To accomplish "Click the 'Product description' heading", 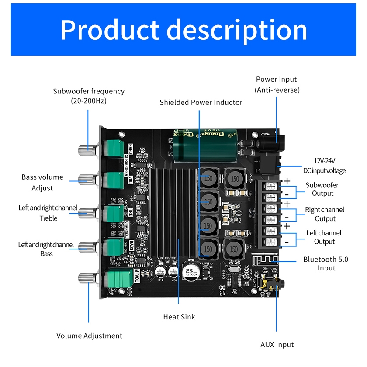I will pos(183,30).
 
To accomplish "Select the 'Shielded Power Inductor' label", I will pos(201,102).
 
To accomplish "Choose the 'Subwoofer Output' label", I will pos(322,189).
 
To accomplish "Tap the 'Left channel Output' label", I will pos(324,237).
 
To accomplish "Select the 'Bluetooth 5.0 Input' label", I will pos(325,263).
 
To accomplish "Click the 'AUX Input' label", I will pos(277,345).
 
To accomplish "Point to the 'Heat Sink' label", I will pos(179,317).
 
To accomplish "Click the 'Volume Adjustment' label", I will pos(89,336).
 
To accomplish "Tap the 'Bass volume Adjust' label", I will pos(42,183).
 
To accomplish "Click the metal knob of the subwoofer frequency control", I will pos(87,150).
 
